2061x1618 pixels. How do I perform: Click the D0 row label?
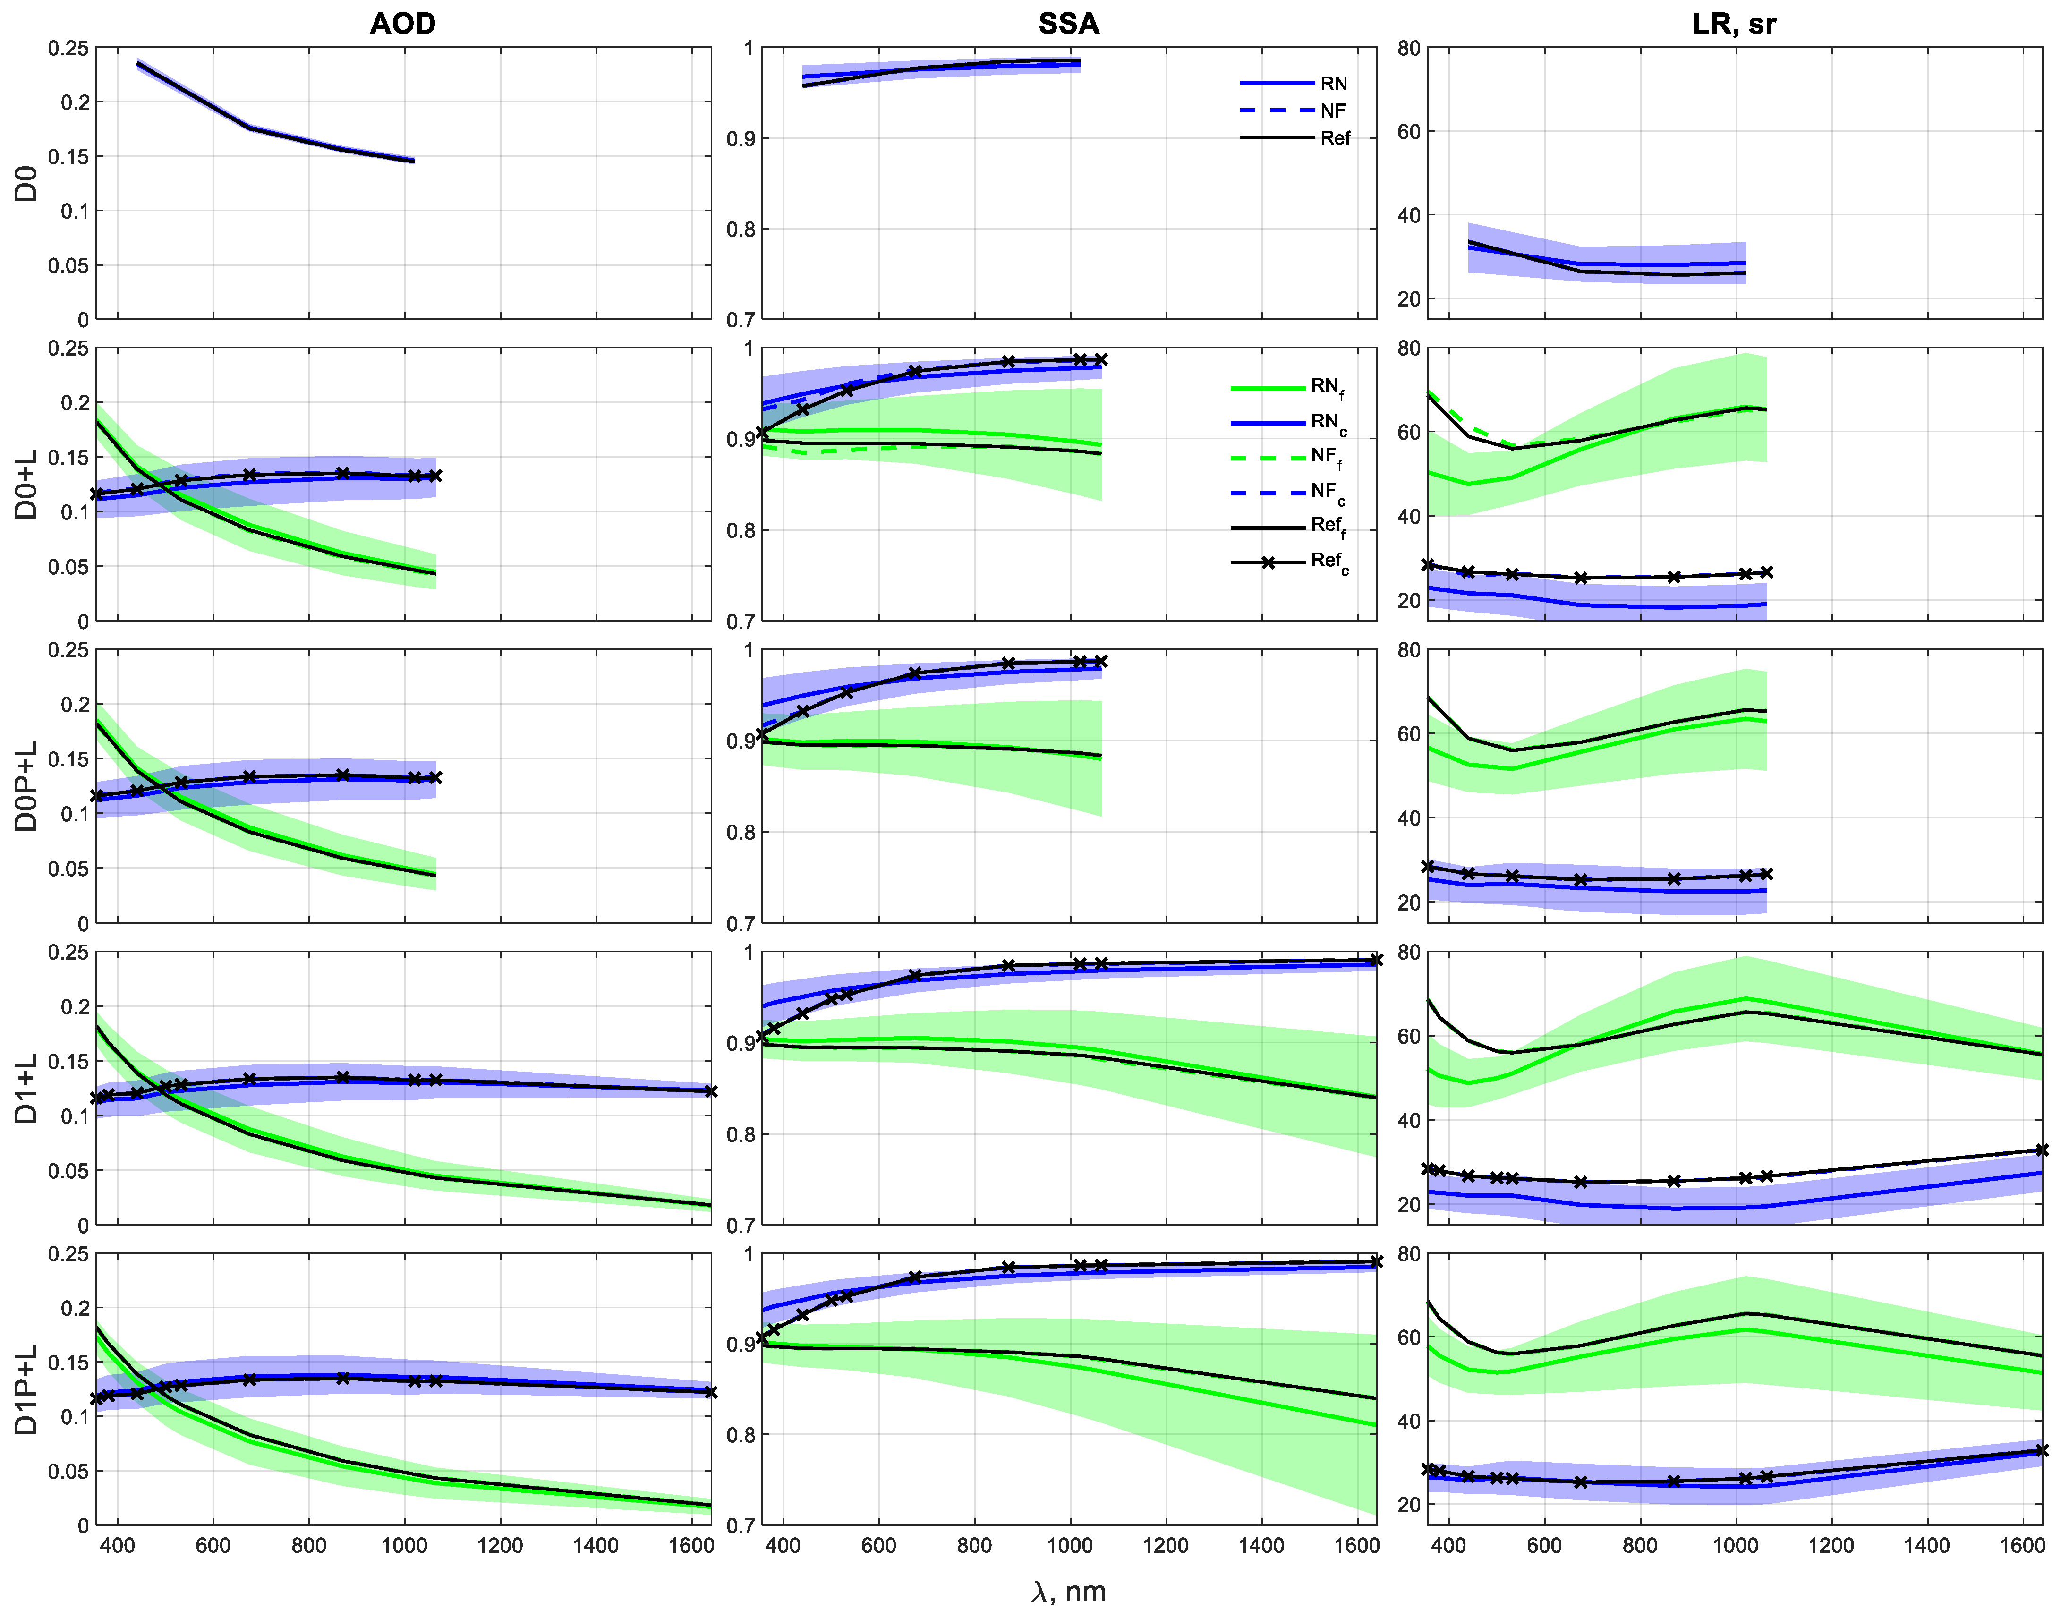coord(26,184)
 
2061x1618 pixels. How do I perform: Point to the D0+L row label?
coord(26,485)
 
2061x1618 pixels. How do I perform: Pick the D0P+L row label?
coord(26,786)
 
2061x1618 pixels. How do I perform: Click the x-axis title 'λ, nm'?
coord(1068,1592)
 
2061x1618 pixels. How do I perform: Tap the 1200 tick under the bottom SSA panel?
coord(1165,1546)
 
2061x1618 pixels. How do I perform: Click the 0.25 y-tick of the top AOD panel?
coord(68,48)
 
